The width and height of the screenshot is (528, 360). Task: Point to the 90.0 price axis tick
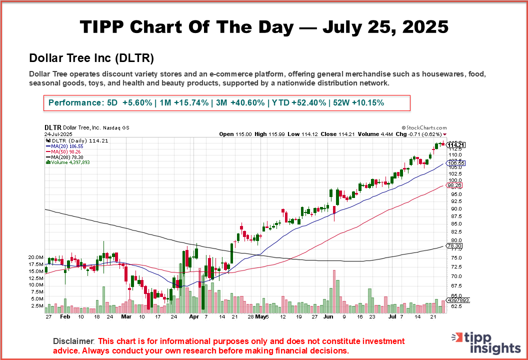[x=451, y=209]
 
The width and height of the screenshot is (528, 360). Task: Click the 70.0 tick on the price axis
[x=451, y=276]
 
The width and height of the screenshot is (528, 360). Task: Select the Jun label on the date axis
[x=328, y=316]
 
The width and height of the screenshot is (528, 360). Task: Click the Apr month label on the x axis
[x=194, y=316]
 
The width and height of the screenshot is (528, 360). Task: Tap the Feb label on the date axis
[x=65, y=316]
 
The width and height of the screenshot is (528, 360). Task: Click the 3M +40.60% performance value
[x=239, y=103]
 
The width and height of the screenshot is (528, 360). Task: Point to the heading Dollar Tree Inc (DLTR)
[x=91, y=57]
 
